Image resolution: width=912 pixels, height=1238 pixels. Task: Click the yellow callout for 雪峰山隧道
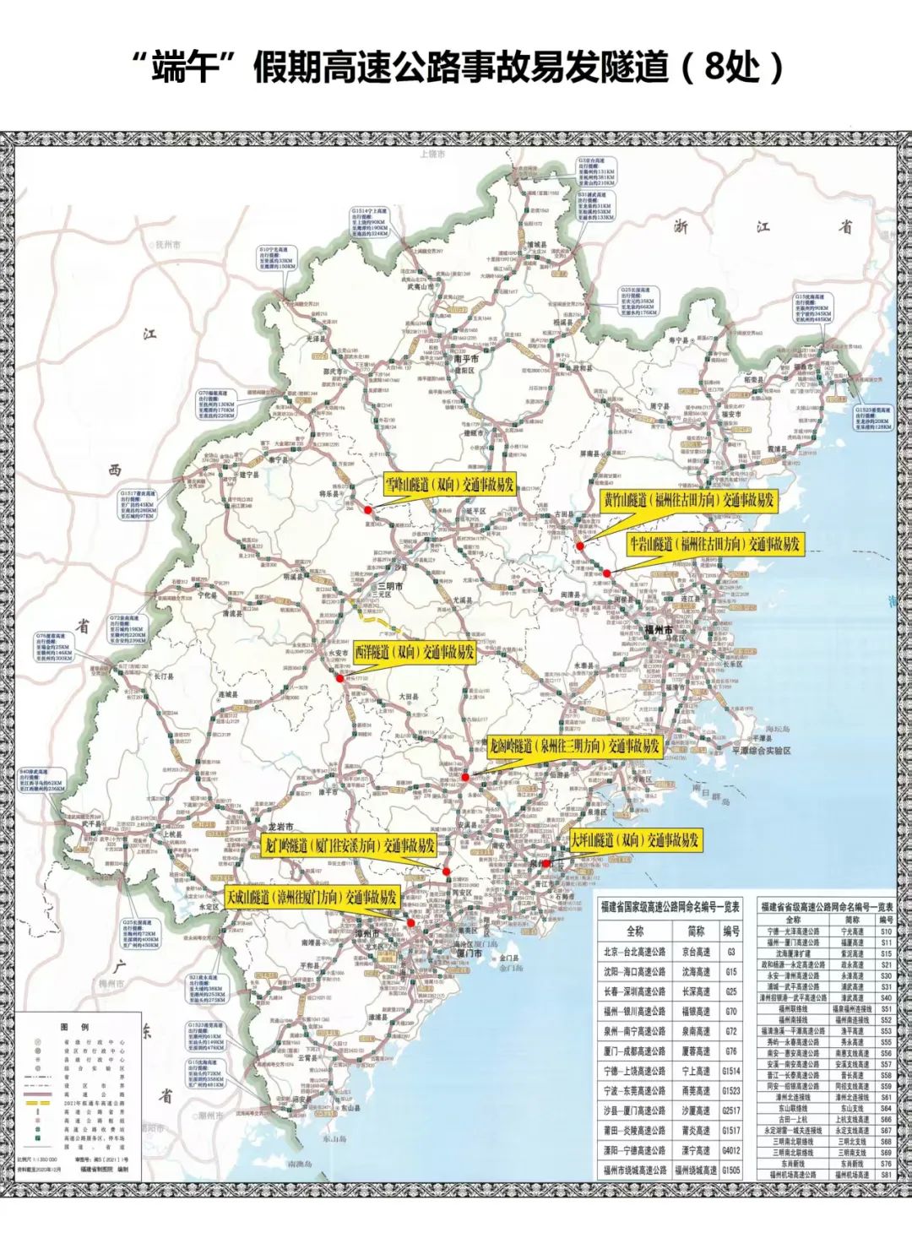pos(449,485)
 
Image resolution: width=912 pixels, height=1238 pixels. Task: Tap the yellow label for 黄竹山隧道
pos(687,500)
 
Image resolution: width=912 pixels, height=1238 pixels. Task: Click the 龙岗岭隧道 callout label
pos(574,747)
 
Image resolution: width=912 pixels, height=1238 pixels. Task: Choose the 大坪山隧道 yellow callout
pos(635,840)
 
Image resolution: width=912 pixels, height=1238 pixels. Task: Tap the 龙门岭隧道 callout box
pos(348,844)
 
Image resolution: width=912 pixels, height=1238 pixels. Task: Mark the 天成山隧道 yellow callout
pos(312,897)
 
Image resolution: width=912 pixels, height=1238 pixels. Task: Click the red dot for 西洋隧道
pos(338,676)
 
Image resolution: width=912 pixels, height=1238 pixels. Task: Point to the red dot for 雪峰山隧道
pos(367,509)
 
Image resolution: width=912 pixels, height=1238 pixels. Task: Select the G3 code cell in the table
pos(731,952)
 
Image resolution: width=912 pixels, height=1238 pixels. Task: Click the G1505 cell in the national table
pos(731,1170)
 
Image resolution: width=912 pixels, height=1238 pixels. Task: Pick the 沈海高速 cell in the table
pos(697,972)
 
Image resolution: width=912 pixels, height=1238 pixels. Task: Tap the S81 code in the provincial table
pos(886,1175)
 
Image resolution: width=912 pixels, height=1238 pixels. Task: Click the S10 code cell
pos(886,931)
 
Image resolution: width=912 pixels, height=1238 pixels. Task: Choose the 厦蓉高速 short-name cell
pos(697,1051)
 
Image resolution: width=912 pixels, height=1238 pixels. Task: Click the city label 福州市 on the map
pos(658,630)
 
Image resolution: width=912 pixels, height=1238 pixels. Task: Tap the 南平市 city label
pos(466,358)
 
